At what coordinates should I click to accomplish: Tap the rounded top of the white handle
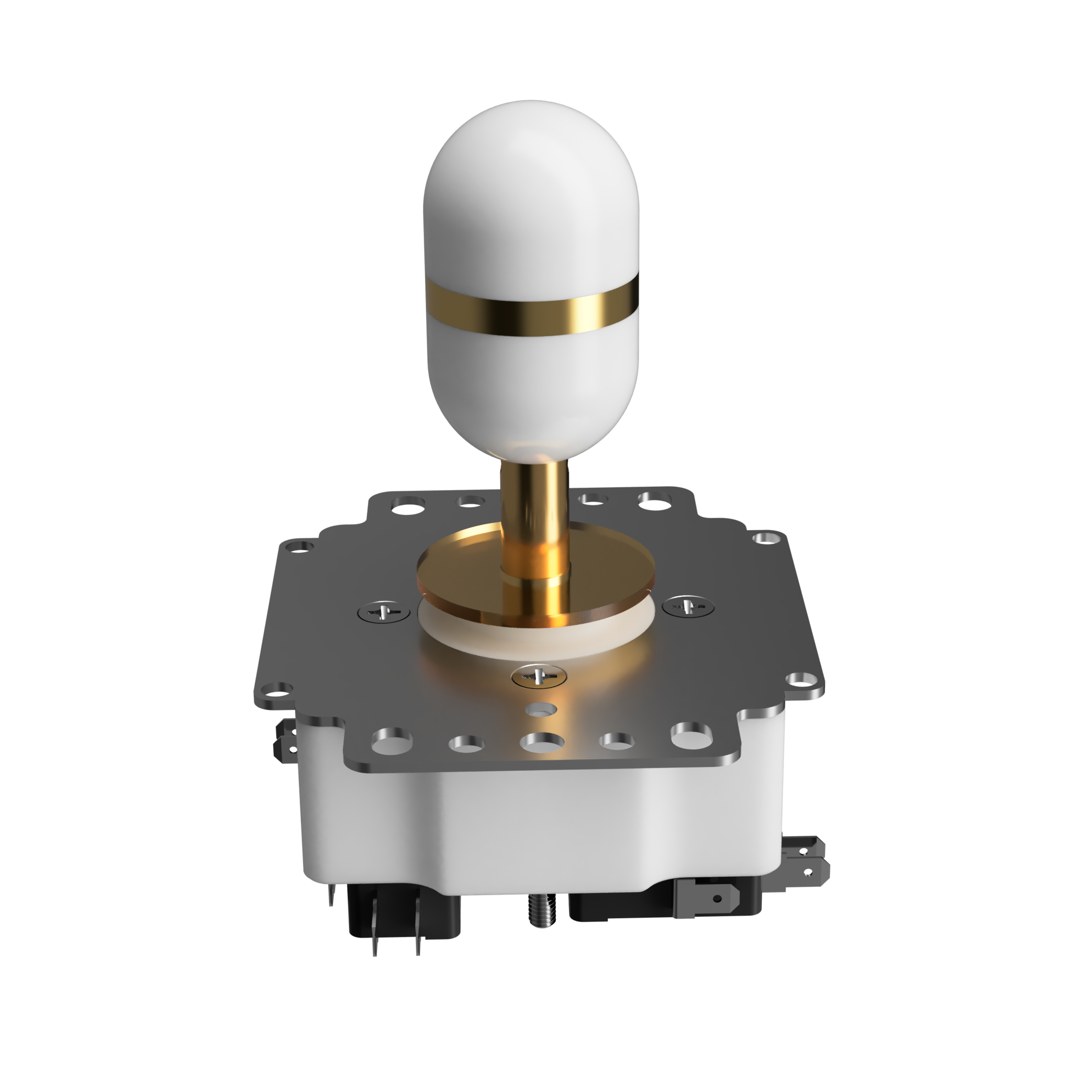click(532, 144)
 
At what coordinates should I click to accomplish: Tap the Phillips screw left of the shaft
click(384, 612)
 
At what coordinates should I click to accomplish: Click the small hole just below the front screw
click(541, 710)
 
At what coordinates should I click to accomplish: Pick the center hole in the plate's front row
click(542, 741)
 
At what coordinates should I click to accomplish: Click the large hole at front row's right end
click(691, 736)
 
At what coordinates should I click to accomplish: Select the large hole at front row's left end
click(392, 741)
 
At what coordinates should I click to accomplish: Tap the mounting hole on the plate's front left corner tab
click(276, 689)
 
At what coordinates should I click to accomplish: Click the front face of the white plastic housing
click(533, 832)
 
